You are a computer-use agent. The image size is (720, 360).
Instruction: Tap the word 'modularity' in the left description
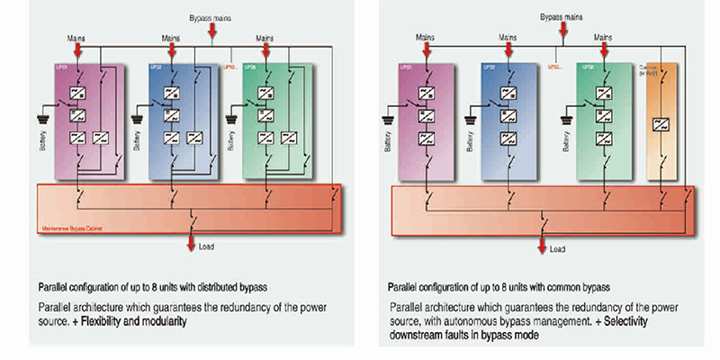[x=159, y=320]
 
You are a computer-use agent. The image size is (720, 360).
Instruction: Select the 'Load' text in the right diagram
[x=558, y=248]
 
